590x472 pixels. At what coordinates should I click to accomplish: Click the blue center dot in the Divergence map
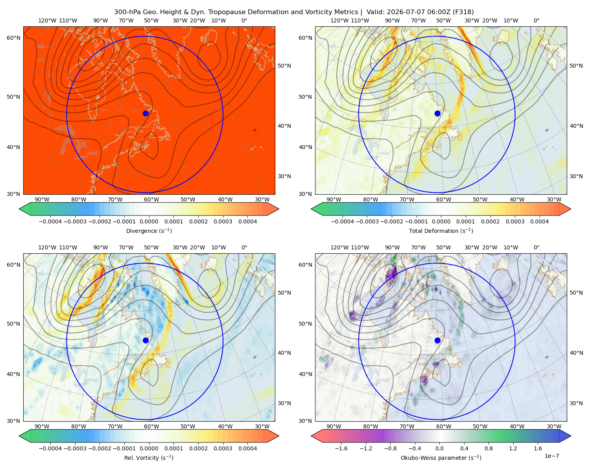tap(146, 113)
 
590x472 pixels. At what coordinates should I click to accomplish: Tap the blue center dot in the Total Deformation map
tap(437, 113)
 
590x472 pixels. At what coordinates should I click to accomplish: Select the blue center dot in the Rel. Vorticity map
tap(146, 340)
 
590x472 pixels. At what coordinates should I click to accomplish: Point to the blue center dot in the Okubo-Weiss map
tap(437, 340)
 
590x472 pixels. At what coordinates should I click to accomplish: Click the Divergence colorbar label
tap(149, 230)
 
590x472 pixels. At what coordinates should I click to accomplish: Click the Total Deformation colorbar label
tap(441, 230)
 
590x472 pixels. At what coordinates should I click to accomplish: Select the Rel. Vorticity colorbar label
tap(149, 457)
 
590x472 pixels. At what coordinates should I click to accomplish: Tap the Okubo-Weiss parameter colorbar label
tap(441, 457)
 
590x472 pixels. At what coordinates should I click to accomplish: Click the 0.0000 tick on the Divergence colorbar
tap(149, 221)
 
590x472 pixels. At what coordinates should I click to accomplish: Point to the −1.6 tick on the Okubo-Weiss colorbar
tap(341, 448)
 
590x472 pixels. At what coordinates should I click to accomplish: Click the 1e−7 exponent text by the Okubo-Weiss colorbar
tap(551, 456)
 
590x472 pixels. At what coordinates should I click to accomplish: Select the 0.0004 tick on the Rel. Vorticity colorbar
tap(247, 448)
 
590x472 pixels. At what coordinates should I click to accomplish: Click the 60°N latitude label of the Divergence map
tap(13, 38)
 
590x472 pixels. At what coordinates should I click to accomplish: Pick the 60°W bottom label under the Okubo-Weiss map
tap(443, 426)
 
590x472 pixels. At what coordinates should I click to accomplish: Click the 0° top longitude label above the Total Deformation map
tap(536, 20)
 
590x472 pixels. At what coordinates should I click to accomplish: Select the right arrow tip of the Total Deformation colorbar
tap(571, 209)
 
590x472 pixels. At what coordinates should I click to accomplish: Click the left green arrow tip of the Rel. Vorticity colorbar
tap(19, 436)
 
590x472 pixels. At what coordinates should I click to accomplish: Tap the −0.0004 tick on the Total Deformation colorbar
tap(343, 221)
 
